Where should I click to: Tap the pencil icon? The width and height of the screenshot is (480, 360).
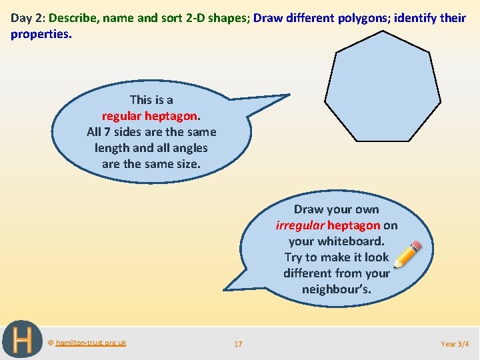click(x=408, y=254)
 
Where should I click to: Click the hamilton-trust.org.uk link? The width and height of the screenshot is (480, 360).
click(x=91, y=343)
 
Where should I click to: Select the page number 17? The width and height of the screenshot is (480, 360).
click(x=238, y=344)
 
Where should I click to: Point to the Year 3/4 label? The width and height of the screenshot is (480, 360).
click(x=455, y=344)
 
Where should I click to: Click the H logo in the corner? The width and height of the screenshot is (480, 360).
click(x=22, y=340)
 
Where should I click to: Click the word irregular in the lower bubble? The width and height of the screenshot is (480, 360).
click(x=301, y=225)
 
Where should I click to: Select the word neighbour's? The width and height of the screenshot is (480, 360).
click(x=336, y=289)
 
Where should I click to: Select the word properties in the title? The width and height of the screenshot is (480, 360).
click(x=39, y=33)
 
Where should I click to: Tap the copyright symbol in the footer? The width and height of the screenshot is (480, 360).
click(x=50, y=343)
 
